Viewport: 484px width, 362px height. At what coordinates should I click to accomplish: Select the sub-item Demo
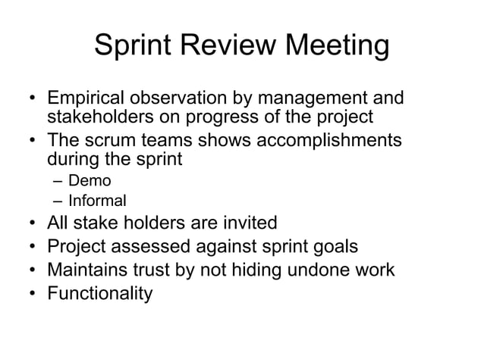coord(90,182)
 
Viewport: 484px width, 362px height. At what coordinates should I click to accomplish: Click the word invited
coord(249,223)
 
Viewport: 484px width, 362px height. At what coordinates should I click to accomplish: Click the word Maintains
coord(84,270)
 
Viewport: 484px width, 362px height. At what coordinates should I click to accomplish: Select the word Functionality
coord(99,293)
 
